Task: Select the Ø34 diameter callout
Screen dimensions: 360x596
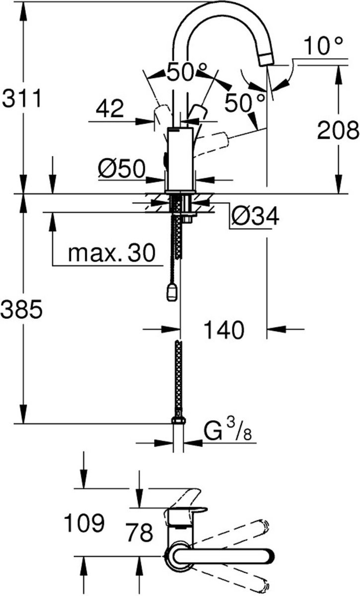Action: point(255,216)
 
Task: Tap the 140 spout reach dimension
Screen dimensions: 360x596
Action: point(223,329)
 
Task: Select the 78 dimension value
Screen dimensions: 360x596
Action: point(139,533)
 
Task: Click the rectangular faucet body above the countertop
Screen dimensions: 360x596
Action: point(180,159)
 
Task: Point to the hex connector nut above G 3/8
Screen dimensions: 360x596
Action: point(179,421)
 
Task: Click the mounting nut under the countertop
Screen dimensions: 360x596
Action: point(188,217)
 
